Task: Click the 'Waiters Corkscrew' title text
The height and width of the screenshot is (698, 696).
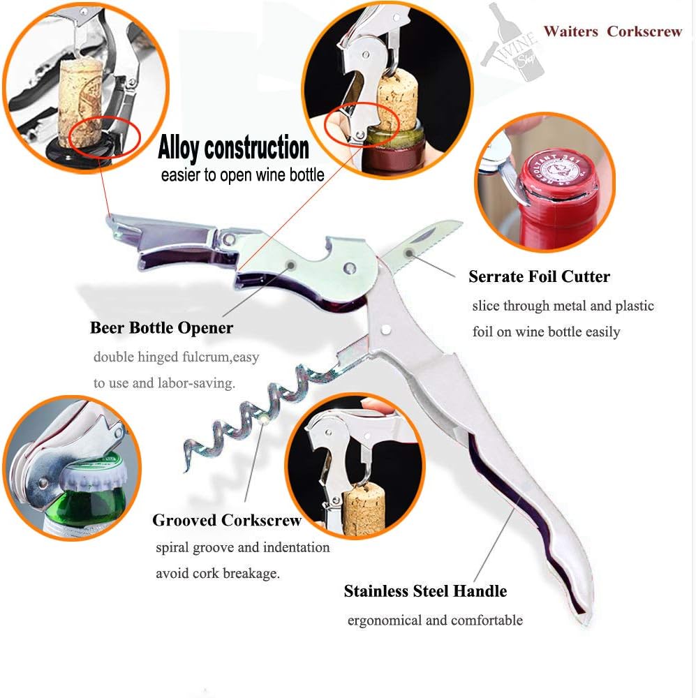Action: pos(612,31)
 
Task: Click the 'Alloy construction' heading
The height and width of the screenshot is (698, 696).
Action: pos(233,148)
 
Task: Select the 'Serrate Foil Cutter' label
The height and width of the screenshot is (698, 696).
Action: pos(539,276)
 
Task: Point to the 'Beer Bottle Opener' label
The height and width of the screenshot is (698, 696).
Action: pos(161,328)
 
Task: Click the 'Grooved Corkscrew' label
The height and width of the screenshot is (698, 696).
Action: pos(227,520)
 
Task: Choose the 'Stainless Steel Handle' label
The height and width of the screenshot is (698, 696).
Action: pos(425,591)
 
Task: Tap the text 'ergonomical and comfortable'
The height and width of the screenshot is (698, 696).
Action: pos(435,621)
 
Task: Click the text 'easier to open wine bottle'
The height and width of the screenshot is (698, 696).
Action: pos(242,174)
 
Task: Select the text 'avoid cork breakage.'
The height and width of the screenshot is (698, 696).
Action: pos(217,574)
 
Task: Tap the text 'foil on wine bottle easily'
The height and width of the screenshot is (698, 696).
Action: pos(546,332)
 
